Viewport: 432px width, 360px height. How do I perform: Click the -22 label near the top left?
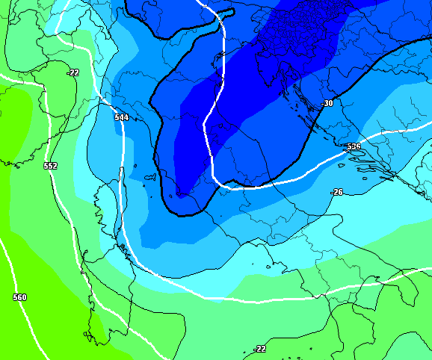(x=72, y=72)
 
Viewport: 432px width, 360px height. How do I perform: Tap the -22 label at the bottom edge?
(x=259, y=349)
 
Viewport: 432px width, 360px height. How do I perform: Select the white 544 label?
(x=121, y=117)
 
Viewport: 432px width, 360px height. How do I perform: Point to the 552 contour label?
(x=50, y=166)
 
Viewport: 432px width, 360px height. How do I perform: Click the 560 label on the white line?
(x=19, y=297)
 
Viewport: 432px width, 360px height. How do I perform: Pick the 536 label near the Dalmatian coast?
(x=354, y=146)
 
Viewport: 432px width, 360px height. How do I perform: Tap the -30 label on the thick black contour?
(x=327, y=103)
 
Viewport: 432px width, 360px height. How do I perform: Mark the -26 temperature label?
(x=337, y=192)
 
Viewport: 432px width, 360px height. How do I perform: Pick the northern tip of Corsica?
(x=123, y=172)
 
